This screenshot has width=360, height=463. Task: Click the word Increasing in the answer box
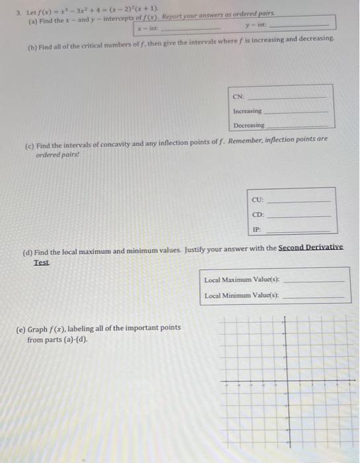point(247,111)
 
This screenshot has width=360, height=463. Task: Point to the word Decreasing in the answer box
point(248,125)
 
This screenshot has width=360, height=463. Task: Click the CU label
point(257,200)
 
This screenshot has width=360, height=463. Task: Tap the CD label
point(257,214)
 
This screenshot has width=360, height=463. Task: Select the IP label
point(256,229)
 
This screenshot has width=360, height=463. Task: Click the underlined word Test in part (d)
point(42,262)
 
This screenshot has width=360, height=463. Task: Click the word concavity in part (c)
point(108,146)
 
